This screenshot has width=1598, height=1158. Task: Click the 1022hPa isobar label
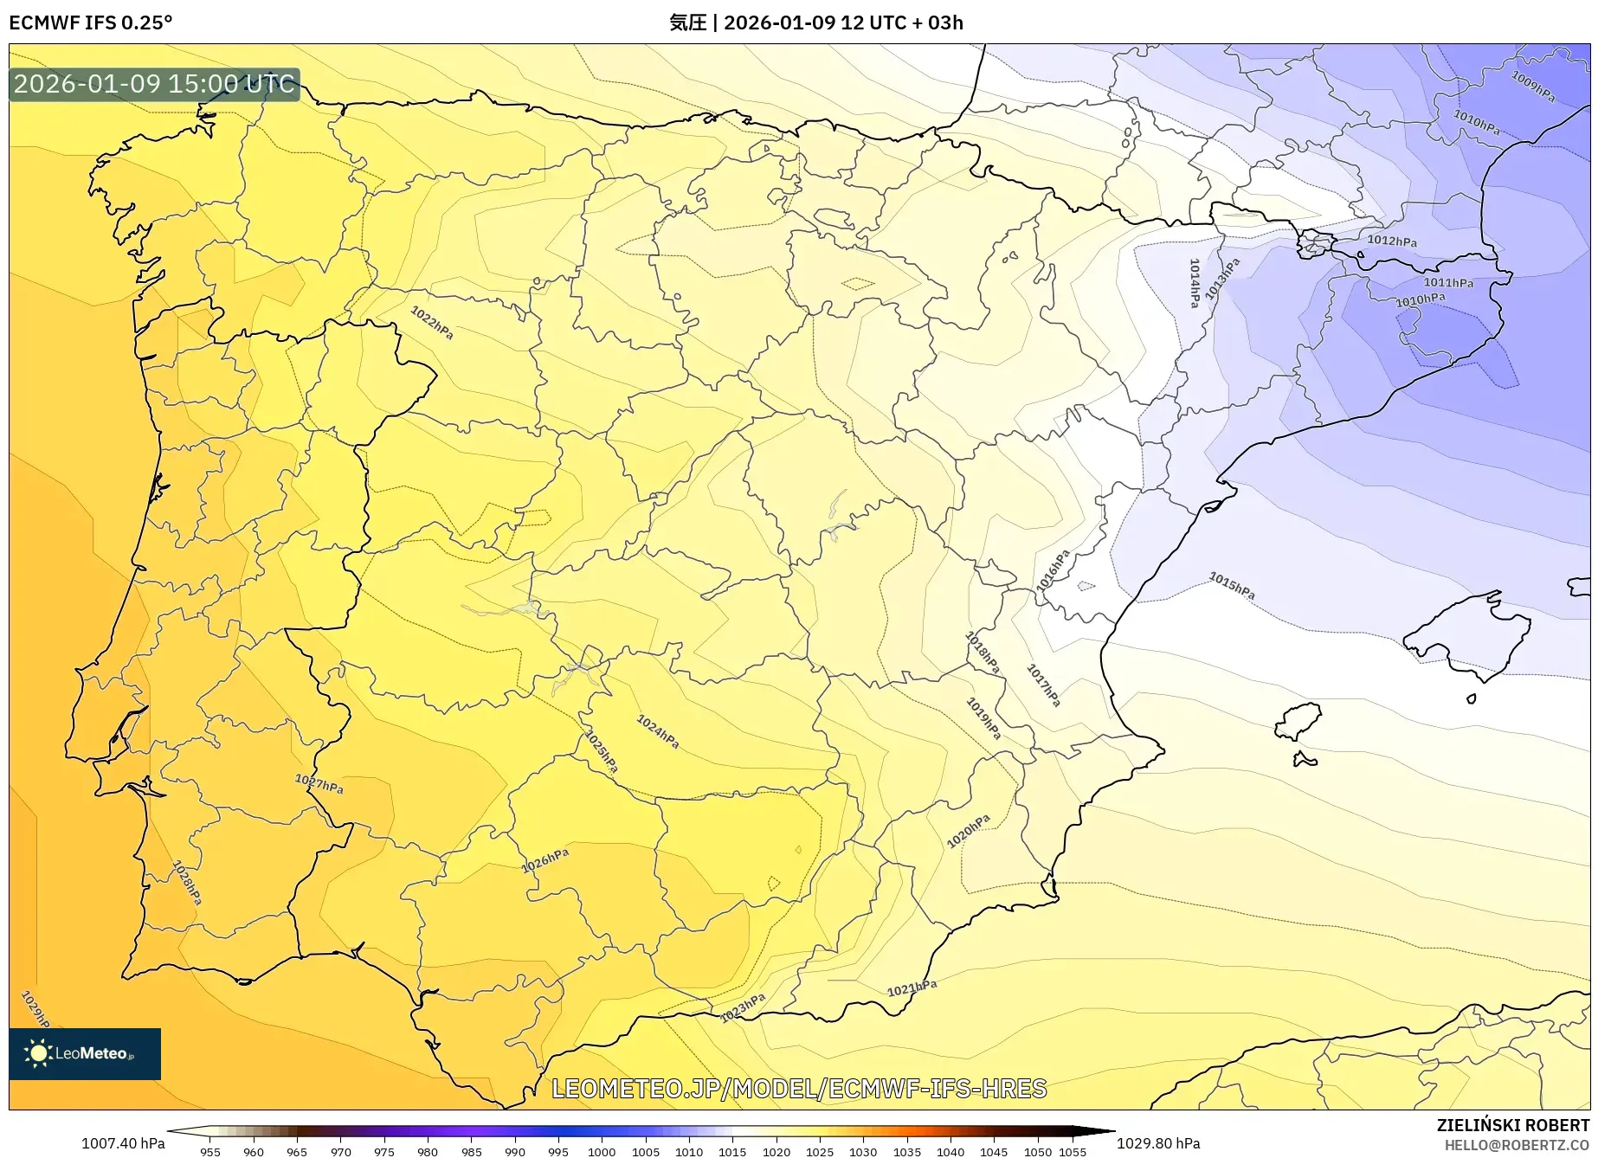431,322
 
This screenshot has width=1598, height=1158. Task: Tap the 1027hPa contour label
319,784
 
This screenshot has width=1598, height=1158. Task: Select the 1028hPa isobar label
187,882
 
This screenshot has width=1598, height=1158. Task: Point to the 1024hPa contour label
658,731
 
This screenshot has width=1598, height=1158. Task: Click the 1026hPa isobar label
545,860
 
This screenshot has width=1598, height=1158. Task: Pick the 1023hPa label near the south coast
743,1007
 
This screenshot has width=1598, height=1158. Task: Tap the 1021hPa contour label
912,988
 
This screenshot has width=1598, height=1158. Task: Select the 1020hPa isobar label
968,831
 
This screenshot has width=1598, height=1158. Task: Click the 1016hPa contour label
1054,570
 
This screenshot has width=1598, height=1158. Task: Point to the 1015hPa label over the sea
1232,586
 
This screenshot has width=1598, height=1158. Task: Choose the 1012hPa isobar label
1392,241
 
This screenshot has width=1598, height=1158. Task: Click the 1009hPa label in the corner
1533,87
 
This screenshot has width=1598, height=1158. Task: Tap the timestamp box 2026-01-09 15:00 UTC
154,84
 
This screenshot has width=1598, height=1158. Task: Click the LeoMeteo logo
85,1053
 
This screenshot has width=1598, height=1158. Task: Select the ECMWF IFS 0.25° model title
91,23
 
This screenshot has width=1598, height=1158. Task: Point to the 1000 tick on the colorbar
602,1151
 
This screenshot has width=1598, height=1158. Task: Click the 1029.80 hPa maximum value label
1158,1143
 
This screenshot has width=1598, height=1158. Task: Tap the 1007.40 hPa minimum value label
123,1143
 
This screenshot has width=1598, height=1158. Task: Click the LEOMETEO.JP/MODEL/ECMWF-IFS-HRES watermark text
799,1088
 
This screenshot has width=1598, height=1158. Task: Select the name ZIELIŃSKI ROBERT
1512,1125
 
